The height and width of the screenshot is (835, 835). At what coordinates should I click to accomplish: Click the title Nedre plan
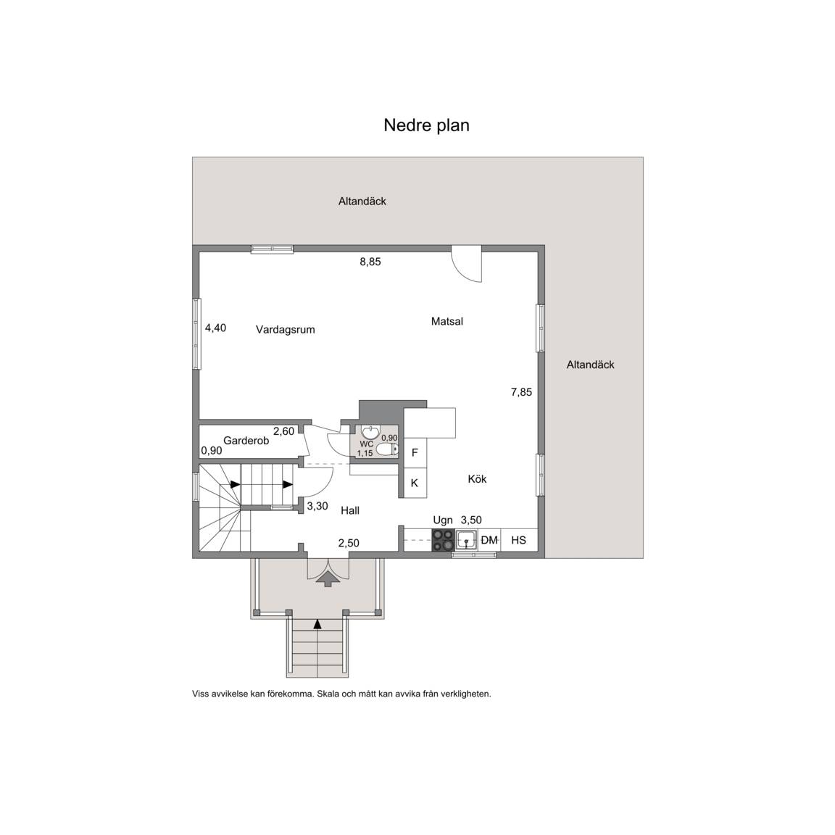pyautogui.click(x=426, y=125)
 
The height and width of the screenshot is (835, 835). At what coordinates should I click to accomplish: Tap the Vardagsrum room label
pyautogui.click(x=286, y=330)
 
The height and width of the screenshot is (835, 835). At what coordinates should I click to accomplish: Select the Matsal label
pyautogui.click(x=447, y=322)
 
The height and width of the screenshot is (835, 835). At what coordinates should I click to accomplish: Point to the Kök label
pyautogui.click(x=477, y=479)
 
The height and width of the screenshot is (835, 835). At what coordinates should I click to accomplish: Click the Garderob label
pyautogui.click(x=246, y=441)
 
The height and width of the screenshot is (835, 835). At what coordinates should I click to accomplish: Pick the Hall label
pyautogui.click(x=350, y=511)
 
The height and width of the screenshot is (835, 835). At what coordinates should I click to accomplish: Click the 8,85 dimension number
pyautogui.click(x=370, y=262)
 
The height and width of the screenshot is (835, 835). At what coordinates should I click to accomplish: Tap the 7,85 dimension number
pyautogui.click(x=521, y=392)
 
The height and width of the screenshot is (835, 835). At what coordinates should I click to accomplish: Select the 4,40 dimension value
pyautogui.click(x=216, y=328)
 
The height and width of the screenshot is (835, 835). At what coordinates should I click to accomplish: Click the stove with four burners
pyautogui.click(x=443, y=540)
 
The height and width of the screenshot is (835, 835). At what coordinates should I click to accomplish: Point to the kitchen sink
pyautogui.click(x=467, y=540)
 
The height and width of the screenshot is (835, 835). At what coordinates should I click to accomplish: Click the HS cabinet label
pyautogui.click(x=519, y=541)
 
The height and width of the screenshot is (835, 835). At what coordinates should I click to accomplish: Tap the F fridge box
pyautogui.click(x=415, y=452)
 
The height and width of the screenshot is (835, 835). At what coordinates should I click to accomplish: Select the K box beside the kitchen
pyautogui.click(x=415, y=483)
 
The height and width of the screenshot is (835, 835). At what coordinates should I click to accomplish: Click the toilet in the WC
pyautogui.click(x=386, y=450)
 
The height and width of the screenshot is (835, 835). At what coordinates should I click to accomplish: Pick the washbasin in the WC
pyautogui.click(x=370, y=431)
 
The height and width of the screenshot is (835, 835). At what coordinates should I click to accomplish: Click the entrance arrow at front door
pyautogui.click(x=328, y=578)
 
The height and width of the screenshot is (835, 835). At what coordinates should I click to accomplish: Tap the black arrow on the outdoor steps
pyautogui.click(x=318, y=624)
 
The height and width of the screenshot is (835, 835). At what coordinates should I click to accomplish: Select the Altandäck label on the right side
pyautogui.click(x=591, y=365)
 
